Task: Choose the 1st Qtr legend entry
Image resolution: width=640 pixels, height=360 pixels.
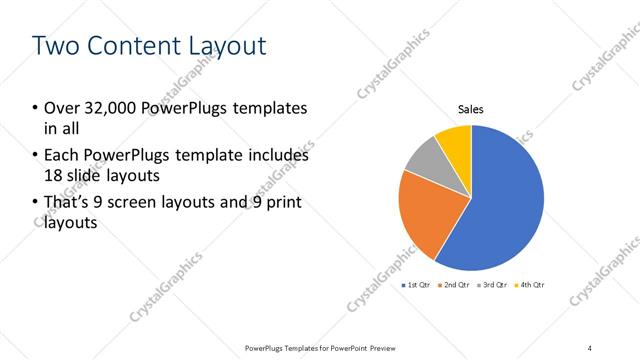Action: pyautogui.click(x=417, y=286)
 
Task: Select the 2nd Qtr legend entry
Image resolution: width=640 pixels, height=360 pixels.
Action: pyautogui.click(x=456, y=286)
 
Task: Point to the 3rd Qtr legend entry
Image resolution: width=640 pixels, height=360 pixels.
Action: pyautogui.click(x=494, y=286)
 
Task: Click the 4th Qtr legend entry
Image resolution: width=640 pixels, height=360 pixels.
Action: pyautogui.click(x=531, y=286)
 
